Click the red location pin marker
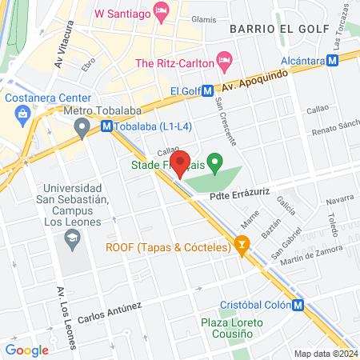pyautogui.click(x=181, y=162)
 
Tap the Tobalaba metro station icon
pyautogui.click(x=106, y=126)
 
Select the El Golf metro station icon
pyautogui.click(x=207, y=92)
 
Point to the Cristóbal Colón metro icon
pyautogui.click(x=298, y=305)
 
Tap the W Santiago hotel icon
pyautogui.click(x=161, y=13)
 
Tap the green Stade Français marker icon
pyautogui.click(x=214, y=160)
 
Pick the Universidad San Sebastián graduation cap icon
pyautogui.click(x=73, y=238)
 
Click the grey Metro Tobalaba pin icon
pyautogui.click(x=81, y=126)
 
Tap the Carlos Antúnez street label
pyautogui.click(x=110, y=311)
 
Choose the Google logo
pyautogui.click(x=26, y=350)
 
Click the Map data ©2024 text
pyautogui.click(x=325, y=354)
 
